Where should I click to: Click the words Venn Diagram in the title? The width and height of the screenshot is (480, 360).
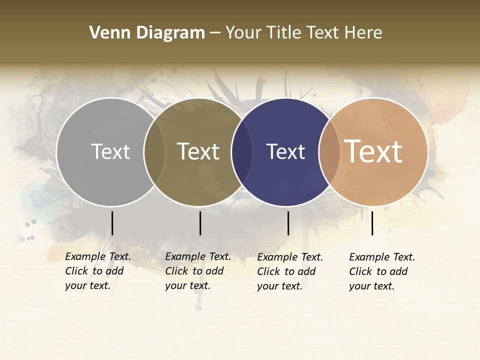(x=147, y=33)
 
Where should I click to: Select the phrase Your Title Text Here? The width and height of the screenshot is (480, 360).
(x=304, y=33)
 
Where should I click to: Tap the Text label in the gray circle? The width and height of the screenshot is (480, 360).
(x=110, y=151)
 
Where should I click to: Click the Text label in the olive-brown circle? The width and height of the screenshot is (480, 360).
(x=198, y=151)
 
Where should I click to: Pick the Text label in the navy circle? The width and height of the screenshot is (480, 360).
(x=285, y=151)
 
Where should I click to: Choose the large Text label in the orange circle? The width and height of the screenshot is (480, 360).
(x=373, y=151)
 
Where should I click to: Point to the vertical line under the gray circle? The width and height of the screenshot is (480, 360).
(x=112, y=223)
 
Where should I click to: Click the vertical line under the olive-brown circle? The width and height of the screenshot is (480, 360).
(x=200, y=223)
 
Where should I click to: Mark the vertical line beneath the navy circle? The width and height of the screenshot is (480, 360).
(x=288, y=223)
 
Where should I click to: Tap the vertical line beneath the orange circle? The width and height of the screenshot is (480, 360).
(x=372, y=223)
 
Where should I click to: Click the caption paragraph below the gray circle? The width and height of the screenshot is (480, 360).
(x=98, y=271)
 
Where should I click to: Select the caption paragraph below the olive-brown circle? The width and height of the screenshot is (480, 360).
(x=198, y=271)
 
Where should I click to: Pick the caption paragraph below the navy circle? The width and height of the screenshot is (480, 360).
(x=290, y=271)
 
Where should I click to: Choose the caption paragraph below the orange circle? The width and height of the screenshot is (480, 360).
(x=382, y=271)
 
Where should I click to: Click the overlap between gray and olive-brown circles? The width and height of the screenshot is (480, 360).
(x=154, y=152)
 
